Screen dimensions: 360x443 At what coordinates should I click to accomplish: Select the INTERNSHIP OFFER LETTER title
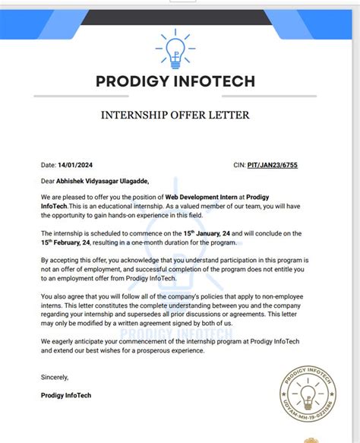pos(180,115)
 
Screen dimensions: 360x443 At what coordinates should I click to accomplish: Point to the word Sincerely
pos(55,378)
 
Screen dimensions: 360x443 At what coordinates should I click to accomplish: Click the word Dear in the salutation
pos(49,181)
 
